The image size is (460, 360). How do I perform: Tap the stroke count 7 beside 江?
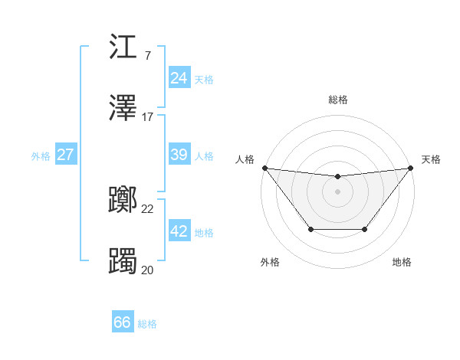pyautogui.click(x=147, y=57)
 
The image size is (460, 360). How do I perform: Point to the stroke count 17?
pyautogui.click(x=148, y=117)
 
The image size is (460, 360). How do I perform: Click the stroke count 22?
pyautogui.click(x=148, y=208)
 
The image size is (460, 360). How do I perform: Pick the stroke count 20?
pyautogui.click(x=148, y=269)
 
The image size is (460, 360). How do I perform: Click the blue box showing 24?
pyautogui.click(x=179, y=78)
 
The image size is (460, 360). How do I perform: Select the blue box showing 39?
pyautogui.click(x=179, y=155)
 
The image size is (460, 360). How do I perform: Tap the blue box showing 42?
pyautogui.click(x=179, y=231)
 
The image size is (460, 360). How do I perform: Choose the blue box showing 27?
pyautogui.click(x=65, y=155)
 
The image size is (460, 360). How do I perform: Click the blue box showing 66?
pyautogui.click(x=123, y=323)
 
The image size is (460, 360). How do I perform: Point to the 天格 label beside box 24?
pyautogui.click(x=204, y=80)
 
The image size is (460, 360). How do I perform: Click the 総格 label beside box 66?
pyautogui.click(x=147, y=325)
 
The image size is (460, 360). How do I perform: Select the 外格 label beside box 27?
pyautogui.click(x=41, y=156)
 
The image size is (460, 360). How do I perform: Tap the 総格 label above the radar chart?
pyautogui.click(x=338, y=100)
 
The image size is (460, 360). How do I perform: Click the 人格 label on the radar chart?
pyautogui.click(x=245, y=159)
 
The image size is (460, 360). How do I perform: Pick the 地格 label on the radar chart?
pyautogui.click(x=402, y=262)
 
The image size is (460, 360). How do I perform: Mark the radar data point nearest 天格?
pyautogui.click(x=412, y=168)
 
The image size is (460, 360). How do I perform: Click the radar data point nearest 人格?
pyautogui.click(x=264, y=168)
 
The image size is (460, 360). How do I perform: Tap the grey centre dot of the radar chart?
pyautogui.click(x=338, y=191)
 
